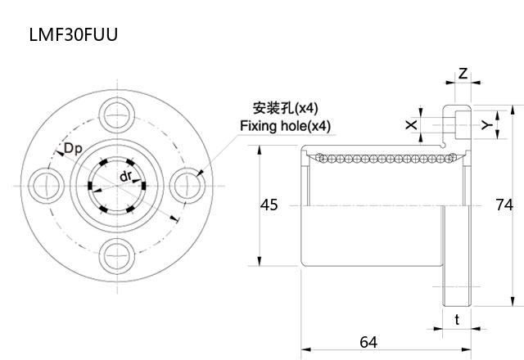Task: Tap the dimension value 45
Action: [x=269, y=205]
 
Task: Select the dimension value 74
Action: [x=505, y=205]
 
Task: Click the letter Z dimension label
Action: [x=463, y=74]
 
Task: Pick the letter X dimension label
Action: [x=411, y=124]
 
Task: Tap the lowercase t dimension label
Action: [x=457, y=320]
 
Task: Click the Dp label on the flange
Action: [x=72, y=148]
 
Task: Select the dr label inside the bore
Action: [x=126, y=177]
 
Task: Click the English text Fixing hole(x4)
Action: [x=285, y=126]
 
